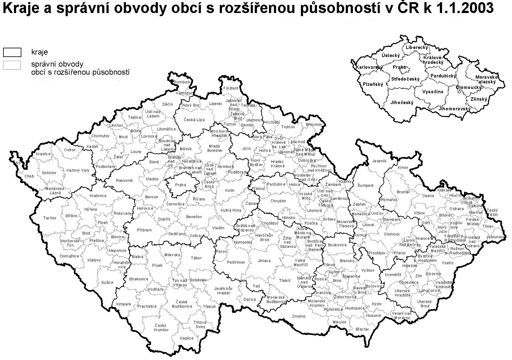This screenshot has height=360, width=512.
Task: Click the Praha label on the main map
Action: coord(180,185)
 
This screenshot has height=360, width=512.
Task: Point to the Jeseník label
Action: coord(380,161)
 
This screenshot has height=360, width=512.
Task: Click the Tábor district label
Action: coord(196,258)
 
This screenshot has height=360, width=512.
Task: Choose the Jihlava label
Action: coord(264,261)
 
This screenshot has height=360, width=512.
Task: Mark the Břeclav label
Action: coord(362,329)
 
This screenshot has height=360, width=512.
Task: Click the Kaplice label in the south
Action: coord(187,338)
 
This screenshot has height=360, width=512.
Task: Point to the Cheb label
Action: coord(29,176)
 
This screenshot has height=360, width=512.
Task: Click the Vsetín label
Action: coord(448,263)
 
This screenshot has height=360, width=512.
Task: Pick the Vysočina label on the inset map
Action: coord(433,92)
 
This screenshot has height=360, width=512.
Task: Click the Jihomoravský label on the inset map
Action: coord(454,109)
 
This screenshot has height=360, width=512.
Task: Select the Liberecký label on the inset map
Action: coord(417,47)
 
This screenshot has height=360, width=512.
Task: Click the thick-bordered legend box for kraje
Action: coord(12,52)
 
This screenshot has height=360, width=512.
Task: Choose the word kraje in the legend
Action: coord(40,52)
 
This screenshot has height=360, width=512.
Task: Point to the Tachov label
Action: coord(50,218)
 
